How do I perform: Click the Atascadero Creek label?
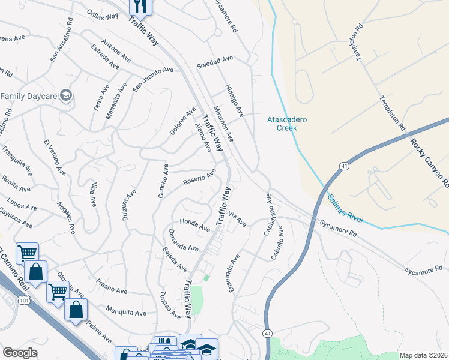pyautogui.click(x=286, y=124)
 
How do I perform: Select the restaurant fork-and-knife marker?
pyautogui.click(x=140, y=7)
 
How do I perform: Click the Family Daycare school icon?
pyautogui.click(x=65, y=95)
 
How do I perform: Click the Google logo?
pyautogui.click(x=20, y=352)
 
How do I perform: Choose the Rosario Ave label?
pyautogui.click(x=199, y=179)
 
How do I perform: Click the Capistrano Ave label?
pyautogui.click(x=268, y=214)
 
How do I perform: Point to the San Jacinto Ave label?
pyautogui.click(x=152, y=78)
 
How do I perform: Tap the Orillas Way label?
pyautogui.click(x=101, y=16)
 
